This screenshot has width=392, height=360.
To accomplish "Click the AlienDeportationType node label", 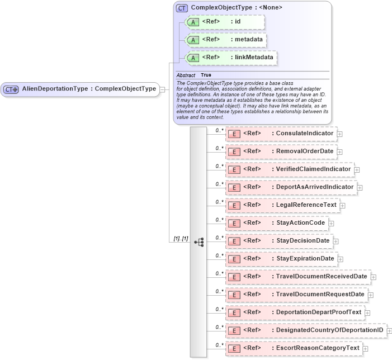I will click(x=88, y=89).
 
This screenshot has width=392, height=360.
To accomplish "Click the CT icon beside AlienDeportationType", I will click(x=11, y=89).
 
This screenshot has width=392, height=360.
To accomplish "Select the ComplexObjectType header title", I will click(x=236, y=8).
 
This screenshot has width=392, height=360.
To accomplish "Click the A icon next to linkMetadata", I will click(x=193, y=58).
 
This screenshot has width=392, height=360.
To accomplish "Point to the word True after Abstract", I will click(x=206, y=75).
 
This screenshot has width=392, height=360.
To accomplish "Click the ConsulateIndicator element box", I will click(x=281, y=134).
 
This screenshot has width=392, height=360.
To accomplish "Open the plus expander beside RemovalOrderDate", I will click(x=339, y=152).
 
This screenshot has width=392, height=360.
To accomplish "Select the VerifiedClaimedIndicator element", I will click(x=289, y=169).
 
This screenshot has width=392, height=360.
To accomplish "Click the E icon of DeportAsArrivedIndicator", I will click(x=235, y=187).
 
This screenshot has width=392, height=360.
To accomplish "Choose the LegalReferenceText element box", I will click(x=282, y=205).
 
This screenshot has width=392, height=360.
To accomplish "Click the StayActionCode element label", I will click(x=300, y=223).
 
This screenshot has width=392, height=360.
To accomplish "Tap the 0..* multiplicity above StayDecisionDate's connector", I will click(x=219, y=236).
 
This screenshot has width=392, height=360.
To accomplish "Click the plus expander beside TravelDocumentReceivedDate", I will click(x=374, y=277).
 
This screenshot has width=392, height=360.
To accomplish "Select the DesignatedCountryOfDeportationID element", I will click(x=305, y=330).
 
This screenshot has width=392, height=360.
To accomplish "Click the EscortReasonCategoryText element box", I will click(x=293, y=348).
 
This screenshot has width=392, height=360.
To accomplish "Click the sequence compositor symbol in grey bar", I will click(x=199, y=241).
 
